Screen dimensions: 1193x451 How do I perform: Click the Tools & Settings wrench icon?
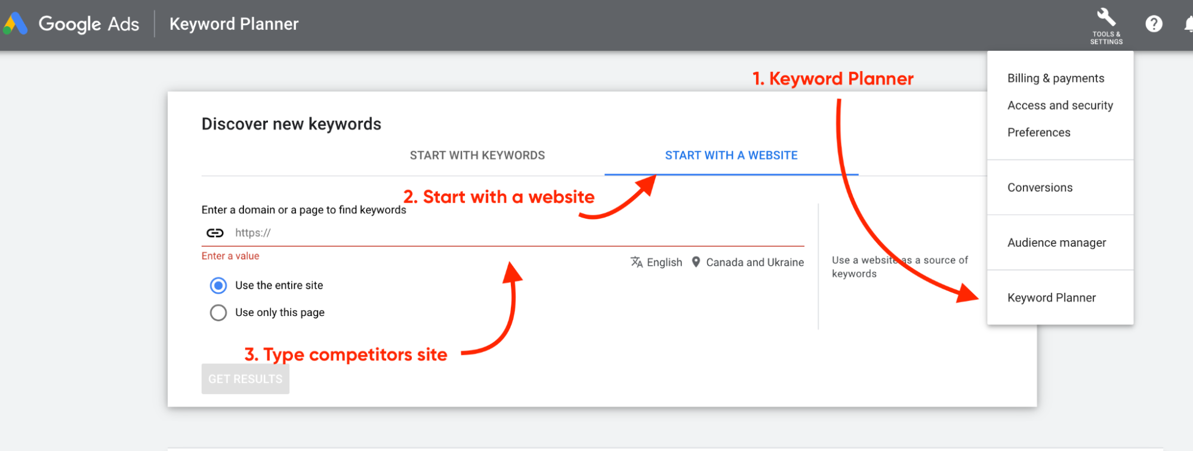pos(1106,17)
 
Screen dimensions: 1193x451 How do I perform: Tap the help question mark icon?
pos(1154,24)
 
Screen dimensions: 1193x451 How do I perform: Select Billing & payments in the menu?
pos(1056,78)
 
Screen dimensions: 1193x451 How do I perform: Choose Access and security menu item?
pos(1060,105)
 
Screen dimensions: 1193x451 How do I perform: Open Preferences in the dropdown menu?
pos(1038,133)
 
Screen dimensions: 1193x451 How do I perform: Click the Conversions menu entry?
pos(1040,188)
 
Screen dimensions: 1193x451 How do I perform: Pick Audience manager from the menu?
pos(1056,243)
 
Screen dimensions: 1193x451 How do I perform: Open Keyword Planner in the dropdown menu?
pos(1052,297)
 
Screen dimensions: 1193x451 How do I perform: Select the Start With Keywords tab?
pos(477,155)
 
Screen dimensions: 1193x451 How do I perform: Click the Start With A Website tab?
pos(731,155)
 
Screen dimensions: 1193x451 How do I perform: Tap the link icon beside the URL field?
pos(215,233)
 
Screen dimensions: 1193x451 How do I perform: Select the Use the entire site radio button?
pos(218,286)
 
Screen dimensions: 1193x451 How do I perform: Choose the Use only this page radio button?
pos(218,312)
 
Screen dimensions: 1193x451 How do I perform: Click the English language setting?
pos(656,262)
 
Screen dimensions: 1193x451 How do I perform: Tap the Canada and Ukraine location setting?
pos(748,262)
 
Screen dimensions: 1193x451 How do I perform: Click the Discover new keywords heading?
pos(291,124)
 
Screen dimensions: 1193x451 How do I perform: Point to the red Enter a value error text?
pos(230,256)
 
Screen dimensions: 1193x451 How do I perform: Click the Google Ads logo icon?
pos(16,23)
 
